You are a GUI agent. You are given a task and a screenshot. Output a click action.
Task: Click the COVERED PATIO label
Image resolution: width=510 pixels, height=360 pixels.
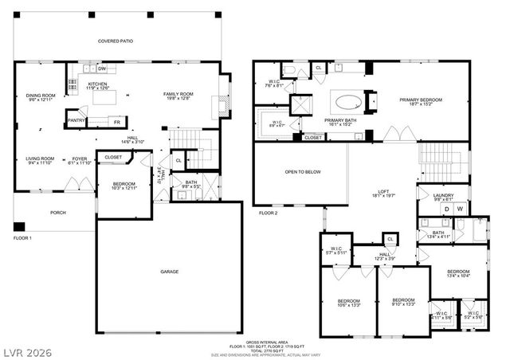pos(115,41)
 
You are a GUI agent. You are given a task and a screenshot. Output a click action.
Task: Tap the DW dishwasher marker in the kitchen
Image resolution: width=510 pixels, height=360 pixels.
pos(103,69)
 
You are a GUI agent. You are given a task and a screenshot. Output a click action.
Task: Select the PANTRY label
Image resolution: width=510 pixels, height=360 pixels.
pos(76,121)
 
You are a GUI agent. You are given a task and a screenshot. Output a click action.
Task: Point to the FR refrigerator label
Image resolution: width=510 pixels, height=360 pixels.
pos(117,122)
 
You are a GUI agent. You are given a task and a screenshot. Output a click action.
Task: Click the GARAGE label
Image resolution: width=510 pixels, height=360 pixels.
pos(169,272)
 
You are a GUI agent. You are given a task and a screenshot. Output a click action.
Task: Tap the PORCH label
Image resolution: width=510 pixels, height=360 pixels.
pos(57,213)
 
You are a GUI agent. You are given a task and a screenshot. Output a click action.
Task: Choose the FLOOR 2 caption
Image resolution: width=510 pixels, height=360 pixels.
pos(269,213)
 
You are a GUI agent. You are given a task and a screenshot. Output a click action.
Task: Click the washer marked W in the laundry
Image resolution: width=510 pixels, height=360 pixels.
pos(460,209)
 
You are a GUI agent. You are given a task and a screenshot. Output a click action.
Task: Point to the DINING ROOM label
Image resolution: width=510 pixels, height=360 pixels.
pos(40,96)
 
